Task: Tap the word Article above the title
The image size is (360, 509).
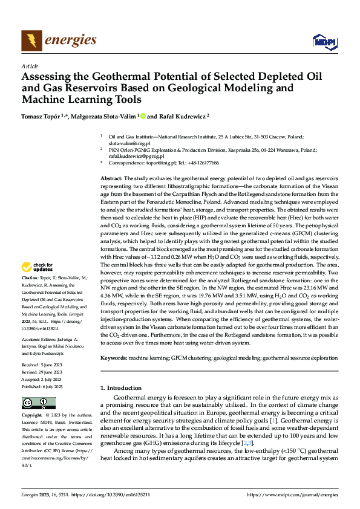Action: [x=30, y=66]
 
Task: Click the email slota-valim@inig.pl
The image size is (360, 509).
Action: [x=125, y=143]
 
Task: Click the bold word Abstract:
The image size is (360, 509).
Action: [x=111, y=179]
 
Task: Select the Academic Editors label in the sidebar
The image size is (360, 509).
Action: [x=41, y=340]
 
